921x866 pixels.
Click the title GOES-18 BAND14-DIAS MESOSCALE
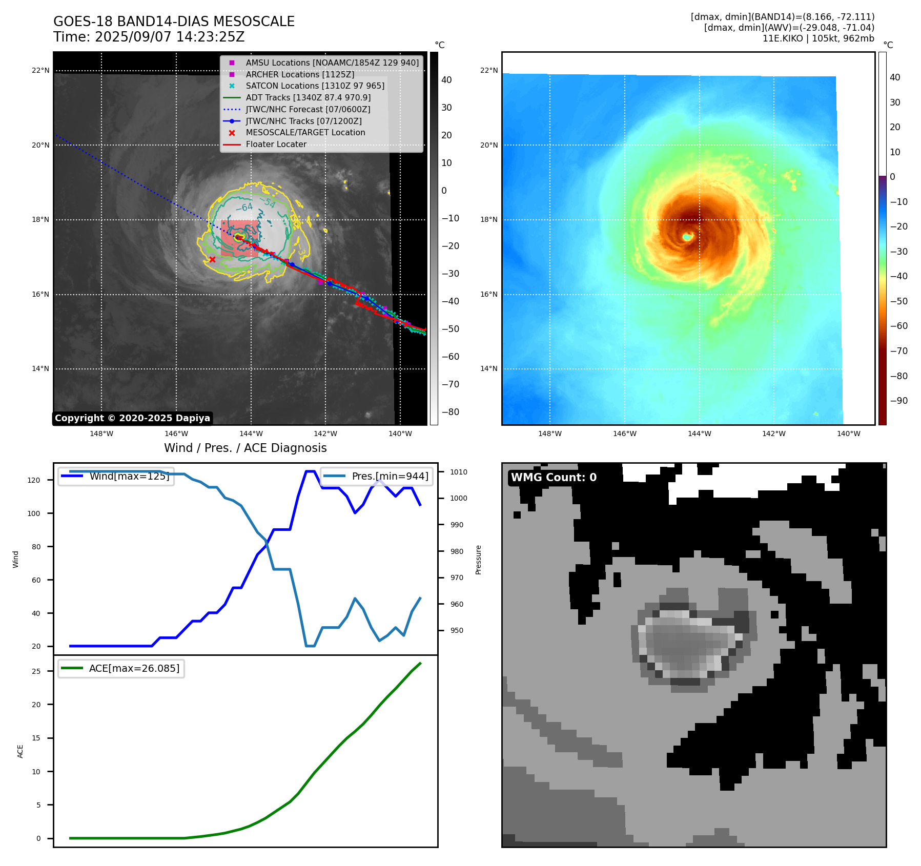click(x=174, y=22)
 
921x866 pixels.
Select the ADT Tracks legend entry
click(x=308, y=97)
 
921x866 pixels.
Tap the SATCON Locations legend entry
click(x=315, y=86)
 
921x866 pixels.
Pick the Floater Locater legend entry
click(x=276, y=144)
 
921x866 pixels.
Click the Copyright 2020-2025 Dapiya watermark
click(x=132, y=418)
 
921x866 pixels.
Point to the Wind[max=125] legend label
click(x=129, y=476)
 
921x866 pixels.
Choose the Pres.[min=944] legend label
click(x=390, y=476)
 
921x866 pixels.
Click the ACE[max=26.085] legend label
click(x=134, y=668)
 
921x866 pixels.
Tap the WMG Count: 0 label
click(x=554, y=477)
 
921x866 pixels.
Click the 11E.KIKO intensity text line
click(x=818, y=38)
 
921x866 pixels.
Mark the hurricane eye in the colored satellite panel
click(x=687, y=237)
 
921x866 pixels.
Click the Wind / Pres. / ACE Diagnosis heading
click(x=245, y=448)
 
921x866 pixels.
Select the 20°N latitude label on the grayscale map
click(x=40, y=145)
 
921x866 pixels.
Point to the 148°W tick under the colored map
click(x=549, y=434)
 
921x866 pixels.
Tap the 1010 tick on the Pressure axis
click(x=459, y=472)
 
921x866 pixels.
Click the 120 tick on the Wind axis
click(x=33, y=480)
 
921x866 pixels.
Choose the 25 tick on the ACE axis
click(x=36, y=671)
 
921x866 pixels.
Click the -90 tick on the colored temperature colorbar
click(x=898, y=401)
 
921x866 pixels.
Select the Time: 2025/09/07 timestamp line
click(x=149, y=37)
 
